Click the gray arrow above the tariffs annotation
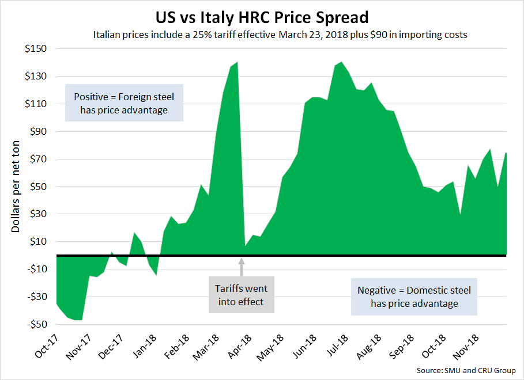click(242, 267)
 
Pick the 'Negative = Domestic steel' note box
click(414, 297)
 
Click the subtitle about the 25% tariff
click(280, 35)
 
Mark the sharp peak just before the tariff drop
click(237, 62)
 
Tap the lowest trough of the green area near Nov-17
click(77, 320)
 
